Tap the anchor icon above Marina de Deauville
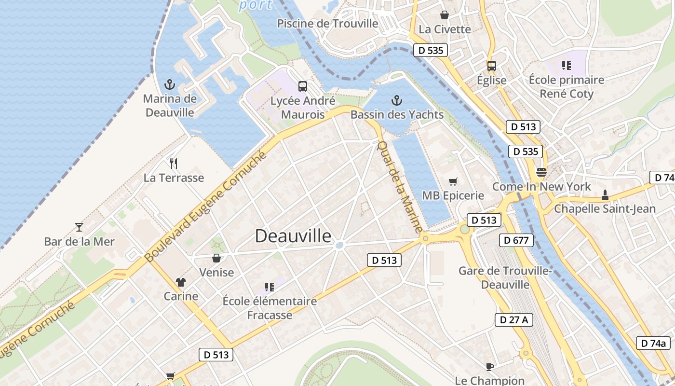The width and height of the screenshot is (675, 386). (x=169, y=85)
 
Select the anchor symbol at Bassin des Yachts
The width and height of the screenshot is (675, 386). (x=396, y=100)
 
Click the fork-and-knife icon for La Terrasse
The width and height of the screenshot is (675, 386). (x=174, y=164)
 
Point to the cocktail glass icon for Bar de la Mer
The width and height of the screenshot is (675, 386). (x=79, y=227)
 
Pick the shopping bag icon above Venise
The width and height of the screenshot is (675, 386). (x=216, y=258)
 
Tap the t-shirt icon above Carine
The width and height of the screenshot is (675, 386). (x=181, y=282)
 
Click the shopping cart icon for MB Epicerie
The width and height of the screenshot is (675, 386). (x=453, y=181)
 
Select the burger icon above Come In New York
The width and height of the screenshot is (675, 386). (x=541, y=172)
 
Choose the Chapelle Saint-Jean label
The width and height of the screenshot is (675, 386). (x=605, y=208)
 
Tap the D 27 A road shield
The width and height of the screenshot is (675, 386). (x=514, y=319)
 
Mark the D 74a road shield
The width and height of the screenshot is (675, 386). (x=653, y=343)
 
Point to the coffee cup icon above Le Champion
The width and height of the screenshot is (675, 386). (x=490, y=367)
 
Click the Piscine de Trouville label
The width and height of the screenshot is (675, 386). (x=327, y=23)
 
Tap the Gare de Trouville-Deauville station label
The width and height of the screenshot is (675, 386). (x=505, y=277)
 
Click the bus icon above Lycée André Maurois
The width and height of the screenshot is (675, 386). (x=303, y=86)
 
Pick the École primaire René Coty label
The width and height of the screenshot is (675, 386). (x=567, y=86)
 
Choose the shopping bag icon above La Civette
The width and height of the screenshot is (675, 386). (x=445, y=15)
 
